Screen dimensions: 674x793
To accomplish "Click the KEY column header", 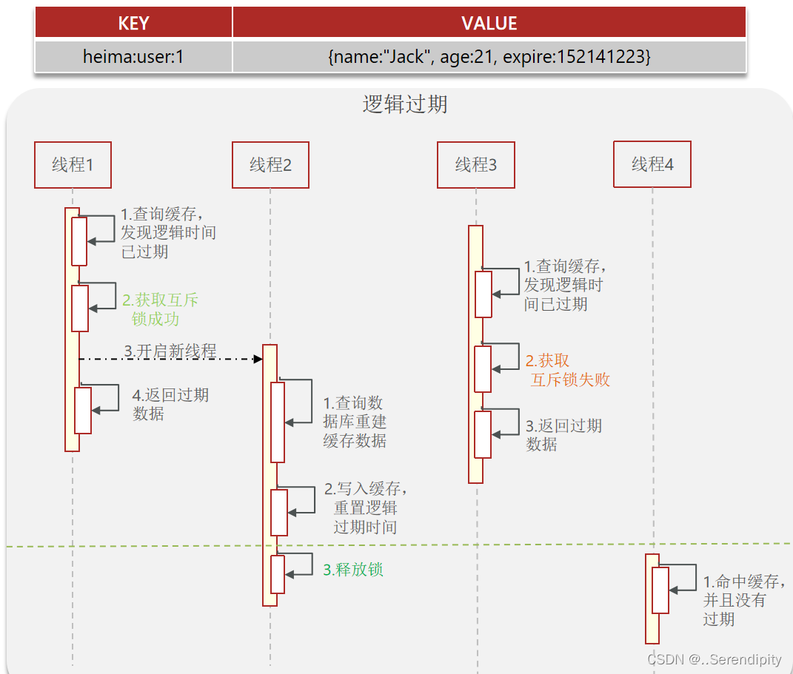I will coord(133,23).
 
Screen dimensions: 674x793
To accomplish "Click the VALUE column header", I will coord(489,23).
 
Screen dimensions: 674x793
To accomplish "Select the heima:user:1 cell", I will coord(133,56).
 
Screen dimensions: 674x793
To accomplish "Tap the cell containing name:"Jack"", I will coord(489,56).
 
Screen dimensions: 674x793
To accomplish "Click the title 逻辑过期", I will coord(405,104).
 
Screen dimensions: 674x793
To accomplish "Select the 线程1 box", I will coord(73,165).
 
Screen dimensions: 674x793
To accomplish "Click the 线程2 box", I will coord(270,165).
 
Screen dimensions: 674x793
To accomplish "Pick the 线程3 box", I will coord(475,165).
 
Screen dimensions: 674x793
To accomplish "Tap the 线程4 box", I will coord(652,164).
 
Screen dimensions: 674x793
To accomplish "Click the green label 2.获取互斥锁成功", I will coord(160,309).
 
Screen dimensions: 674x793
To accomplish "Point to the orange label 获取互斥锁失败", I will coord(569,371).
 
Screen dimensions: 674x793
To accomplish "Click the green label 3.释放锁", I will coord(353,570).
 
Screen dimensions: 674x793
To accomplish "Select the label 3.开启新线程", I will coord(170,351).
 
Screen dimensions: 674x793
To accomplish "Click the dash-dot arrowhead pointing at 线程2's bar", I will coord(258,359).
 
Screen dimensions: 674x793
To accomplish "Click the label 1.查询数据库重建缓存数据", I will coord(355,422).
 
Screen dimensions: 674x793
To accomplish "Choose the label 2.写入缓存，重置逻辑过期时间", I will coord(365,508).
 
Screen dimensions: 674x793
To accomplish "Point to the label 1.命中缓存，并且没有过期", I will coord(743,599).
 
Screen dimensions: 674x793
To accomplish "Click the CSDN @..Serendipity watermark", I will coord(714,659).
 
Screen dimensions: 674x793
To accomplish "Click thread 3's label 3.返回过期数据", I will coord(563,435).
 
